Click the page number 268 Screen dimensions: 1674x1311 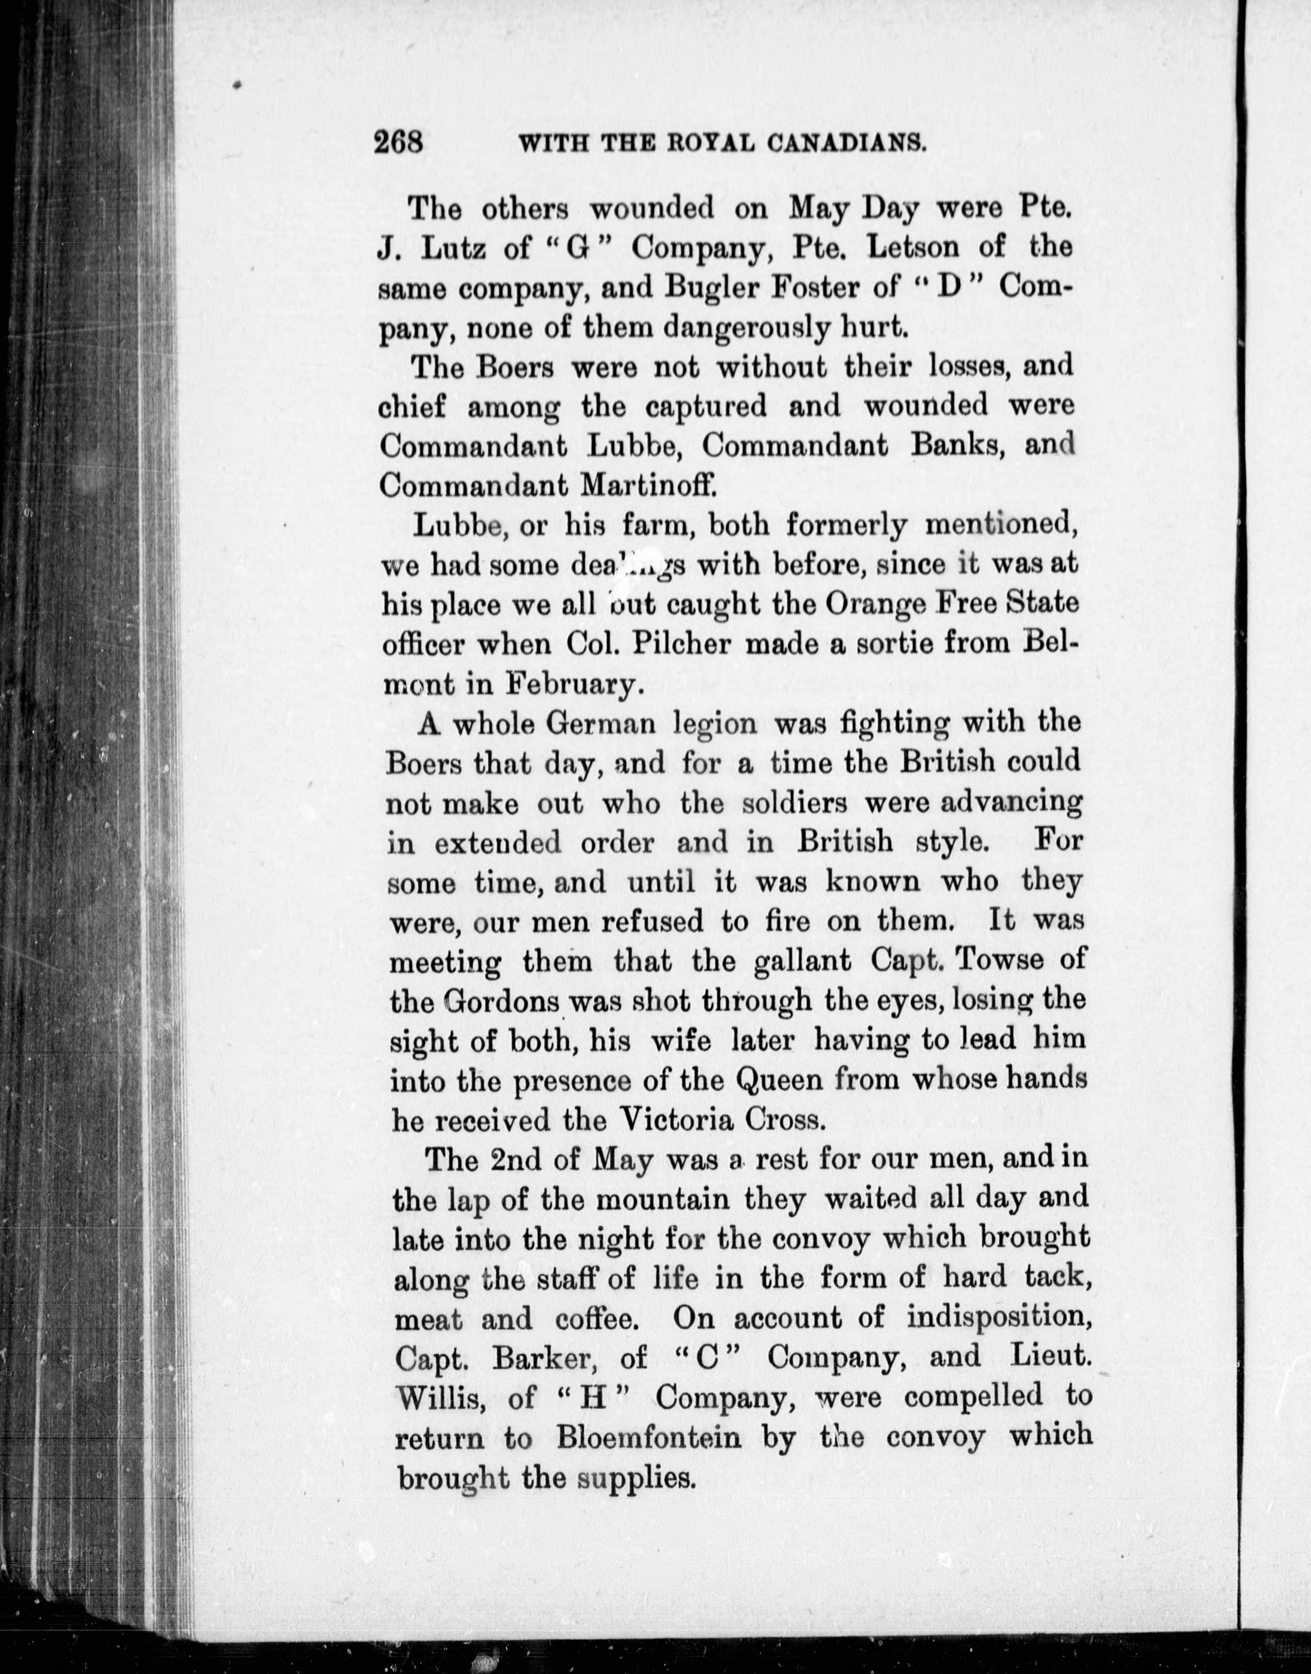click(399, 143)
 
